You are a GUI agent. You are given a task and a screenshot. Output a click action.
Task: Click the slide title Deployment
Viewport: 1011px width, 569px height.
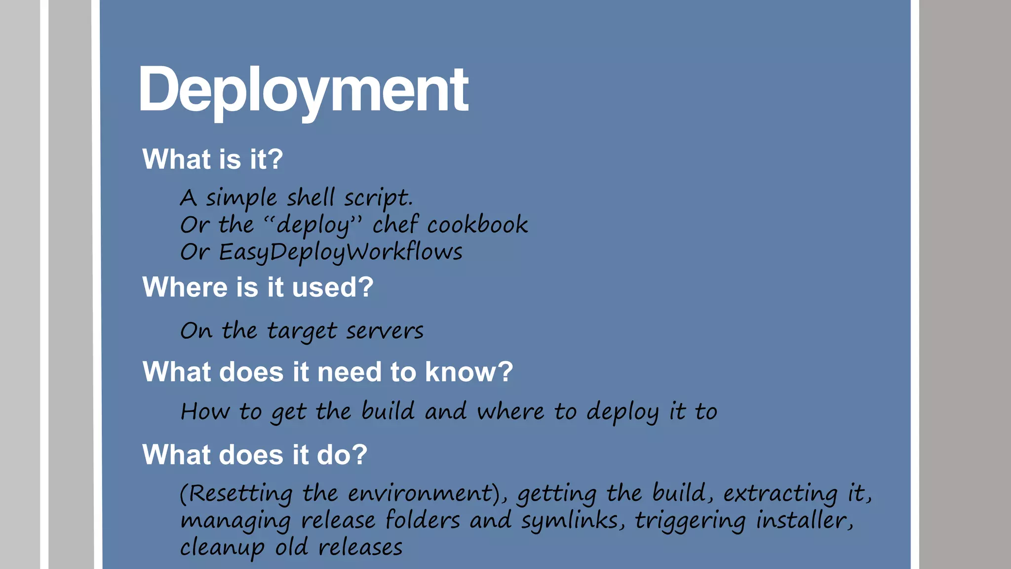(x=303, y=90)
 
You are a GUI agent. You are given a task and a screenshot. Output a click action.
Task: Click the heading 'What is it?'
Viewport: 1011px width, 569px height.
(x=212, y=159)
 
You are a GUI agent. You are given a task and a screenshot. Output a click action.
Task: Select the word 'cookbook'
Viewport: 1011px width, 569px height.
(x=477, y=225)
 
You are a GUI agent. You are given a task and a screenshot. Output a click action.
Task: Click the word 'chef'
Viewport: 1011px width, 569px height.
(x=395, y=224)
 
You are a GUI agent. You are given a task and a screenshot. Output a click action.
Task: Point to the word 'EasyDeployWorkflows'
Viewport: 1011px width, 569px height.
(x=341, y=252)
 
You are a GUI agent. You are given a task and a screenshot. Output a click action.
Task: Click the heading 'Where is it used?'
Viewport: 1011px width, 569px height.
(x=258, y=287)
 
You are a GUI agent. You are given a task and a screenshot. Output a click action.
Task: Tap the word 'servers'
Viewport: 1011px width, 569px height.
(x=385, y=330)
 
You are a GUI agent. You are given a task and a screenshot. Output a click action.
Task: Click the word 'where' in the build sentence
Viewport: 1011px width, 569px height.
(x=510, y=411)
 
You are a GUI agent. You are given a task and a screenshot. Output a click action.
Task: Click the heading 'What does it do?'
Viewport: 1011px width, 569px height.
(x=255, y=454)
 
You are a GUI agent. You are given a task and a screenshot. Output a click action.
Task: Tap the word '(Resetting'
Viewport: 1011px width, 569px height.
(x=236, y=493)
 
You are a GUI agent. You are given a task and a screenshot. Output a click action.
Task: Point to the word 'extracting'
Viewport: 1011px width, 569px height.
(x=780, y=493)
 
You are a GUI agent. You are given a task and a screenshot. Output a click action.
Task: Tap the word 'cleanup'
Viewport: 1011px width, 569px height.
(x=222, y=547)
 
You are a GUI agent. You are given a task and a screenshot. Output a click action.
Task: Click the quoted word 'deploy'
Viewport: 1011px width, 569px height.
(x=313, y=225)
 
